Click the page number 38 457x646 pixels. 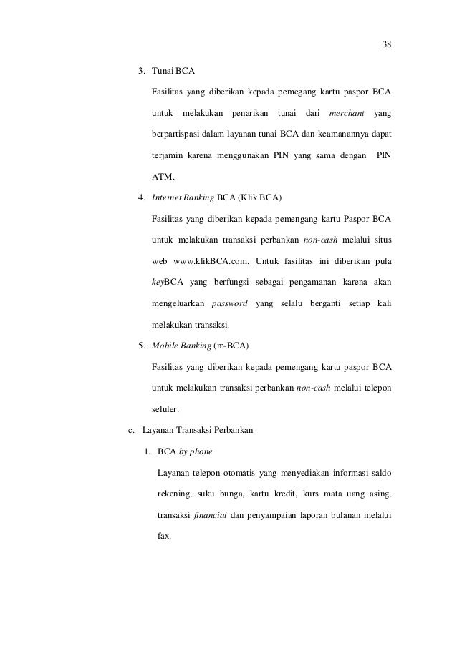(387, 44)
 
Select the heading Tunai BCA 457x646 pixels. (173, 72)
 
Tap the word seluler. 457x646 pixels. (167, 410)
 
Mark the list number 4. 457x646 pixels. (141, 197)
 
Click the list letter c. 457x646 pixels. (130, 431)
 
